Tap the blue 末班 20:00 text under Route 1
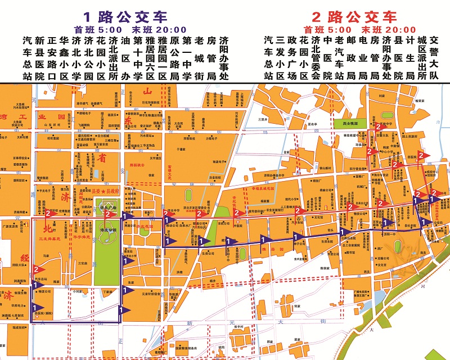[x=164, y=29]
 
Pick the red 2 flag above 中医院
[x=237, y=213]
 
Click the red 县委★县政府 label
[x=106, y=191]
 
